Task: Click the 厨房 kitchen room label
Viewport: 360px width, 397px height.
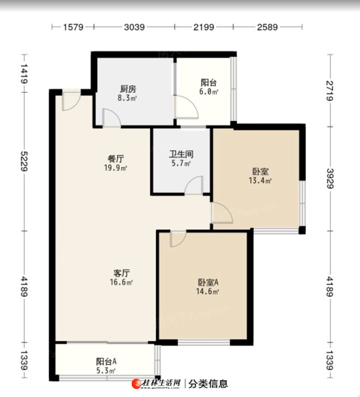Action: (x=128, y=89)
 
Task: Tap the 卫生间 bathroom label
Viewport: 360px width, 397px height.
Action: (x=181, y=154)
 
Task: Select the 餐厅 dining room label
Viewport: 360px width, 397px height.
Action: (x=116, y=159)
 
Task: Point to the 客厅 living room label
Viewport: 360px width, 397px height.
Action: (x=121, y=273)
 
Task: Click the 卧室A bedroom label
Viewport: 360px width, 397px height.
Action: (x=208, y=282)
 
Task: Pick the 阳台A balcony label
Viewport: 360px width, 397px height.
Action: (x=106, y=361)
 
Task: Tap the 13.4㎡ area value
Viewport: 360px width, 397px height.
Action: (x=260, y=180)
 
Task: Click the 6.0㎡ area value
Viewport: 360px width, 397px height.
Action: (x=209, y=92)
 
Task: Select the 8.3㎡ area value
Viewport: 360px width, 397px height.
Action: (x=127, y=98)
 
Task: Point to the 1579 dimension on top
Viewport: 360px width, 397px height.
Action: (x=73, y=27)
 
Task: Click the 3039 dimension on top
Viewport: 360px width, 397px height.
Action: (x=134, y=27)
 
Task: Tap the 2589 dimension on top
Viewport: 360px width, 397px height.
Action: (x=268, y=27)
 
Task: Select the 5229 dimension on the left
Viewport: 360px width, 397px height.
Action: (x=24, y=161)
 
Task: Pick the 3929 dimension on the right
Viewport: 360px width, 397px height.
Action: (x=330, y=178)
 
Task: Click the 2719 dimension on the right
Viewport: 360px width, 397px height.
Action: (x=330, y=91)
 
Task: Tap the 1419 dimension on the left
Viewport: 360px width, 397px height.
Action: (x=24, y=74)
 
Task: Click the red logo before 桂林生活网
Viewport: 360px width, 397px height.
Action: (x=136, y=384)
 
